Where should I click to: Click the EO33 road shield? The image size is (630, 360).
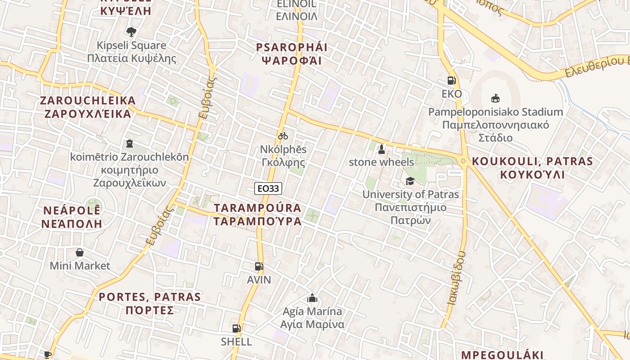pos(268,189)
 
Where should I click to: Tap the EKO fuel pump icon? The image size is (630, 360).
pos(452,81)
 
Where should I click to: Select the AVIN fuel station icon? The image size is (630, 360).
pos(259,266)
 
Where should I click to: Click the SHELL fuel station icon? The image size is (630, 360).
pos(236,328)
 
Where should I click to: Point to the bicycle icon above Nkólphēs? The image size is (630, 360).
pos(283,135)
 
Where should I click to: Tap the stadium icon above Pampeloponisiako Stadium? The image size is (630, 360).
pos(495,98)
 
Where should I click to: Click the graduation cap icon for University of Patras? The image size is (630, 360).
pos(410,181)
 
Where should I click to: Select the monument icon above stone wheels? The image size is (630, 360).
pos(382,149)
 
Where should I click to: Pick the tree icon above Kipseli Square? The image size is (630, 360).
pos(131,32)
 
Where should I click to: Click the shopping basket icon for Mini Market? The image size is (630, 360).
pos(80,252)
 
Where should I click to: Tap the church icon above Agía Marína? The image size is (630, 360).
pos(312,298)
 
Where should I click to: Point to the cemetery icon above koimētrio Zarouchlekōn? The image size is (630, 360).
pos(130,144)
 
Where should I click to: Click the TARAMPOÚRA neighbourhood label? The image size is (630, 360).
pos(258,208)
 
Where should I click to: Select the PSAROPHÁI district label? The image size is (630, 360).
pos(292,47)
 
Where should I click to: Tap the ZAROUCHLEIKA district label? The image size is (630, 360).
pos(88,100)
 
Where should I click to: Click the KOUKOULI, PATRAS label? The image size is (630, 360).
pos(532,161)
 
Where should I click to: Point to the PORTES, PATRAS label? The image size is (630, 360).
pos(149,297)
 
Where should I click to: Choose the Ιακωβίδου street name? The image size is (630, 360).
pos(456,278)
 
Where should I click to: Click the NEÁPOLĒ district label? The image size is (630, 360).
pos(72,211)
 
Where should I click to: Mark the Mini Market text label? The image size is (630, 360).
pos(80,265)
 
